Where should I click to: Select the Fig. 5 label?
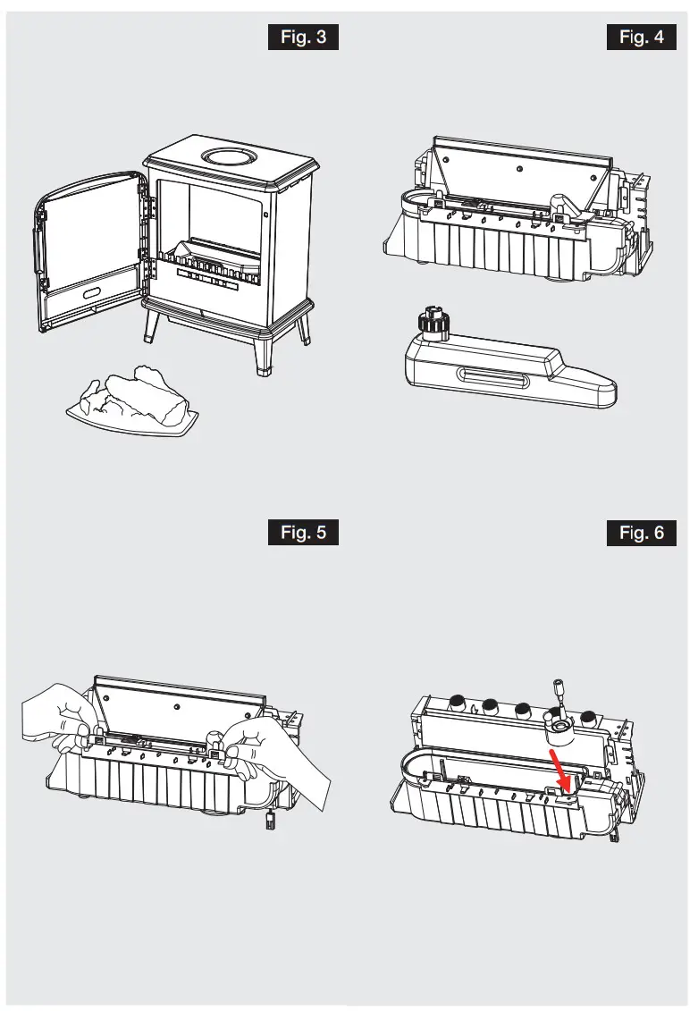(x=303, y=533)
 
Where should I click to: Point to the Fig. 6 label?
(x=641, y=533)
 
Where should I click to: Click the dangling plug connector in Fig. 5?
(x=266, y=823)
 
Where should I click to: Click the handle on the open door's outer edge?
(x=39, y=241)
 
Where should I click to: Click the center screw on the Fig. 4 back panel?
(x=518, y=166)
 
